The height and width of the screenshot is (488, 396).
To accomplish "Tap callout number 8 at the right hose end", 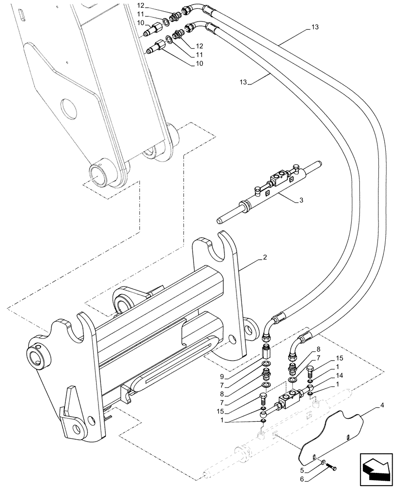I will coord(318,349).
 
